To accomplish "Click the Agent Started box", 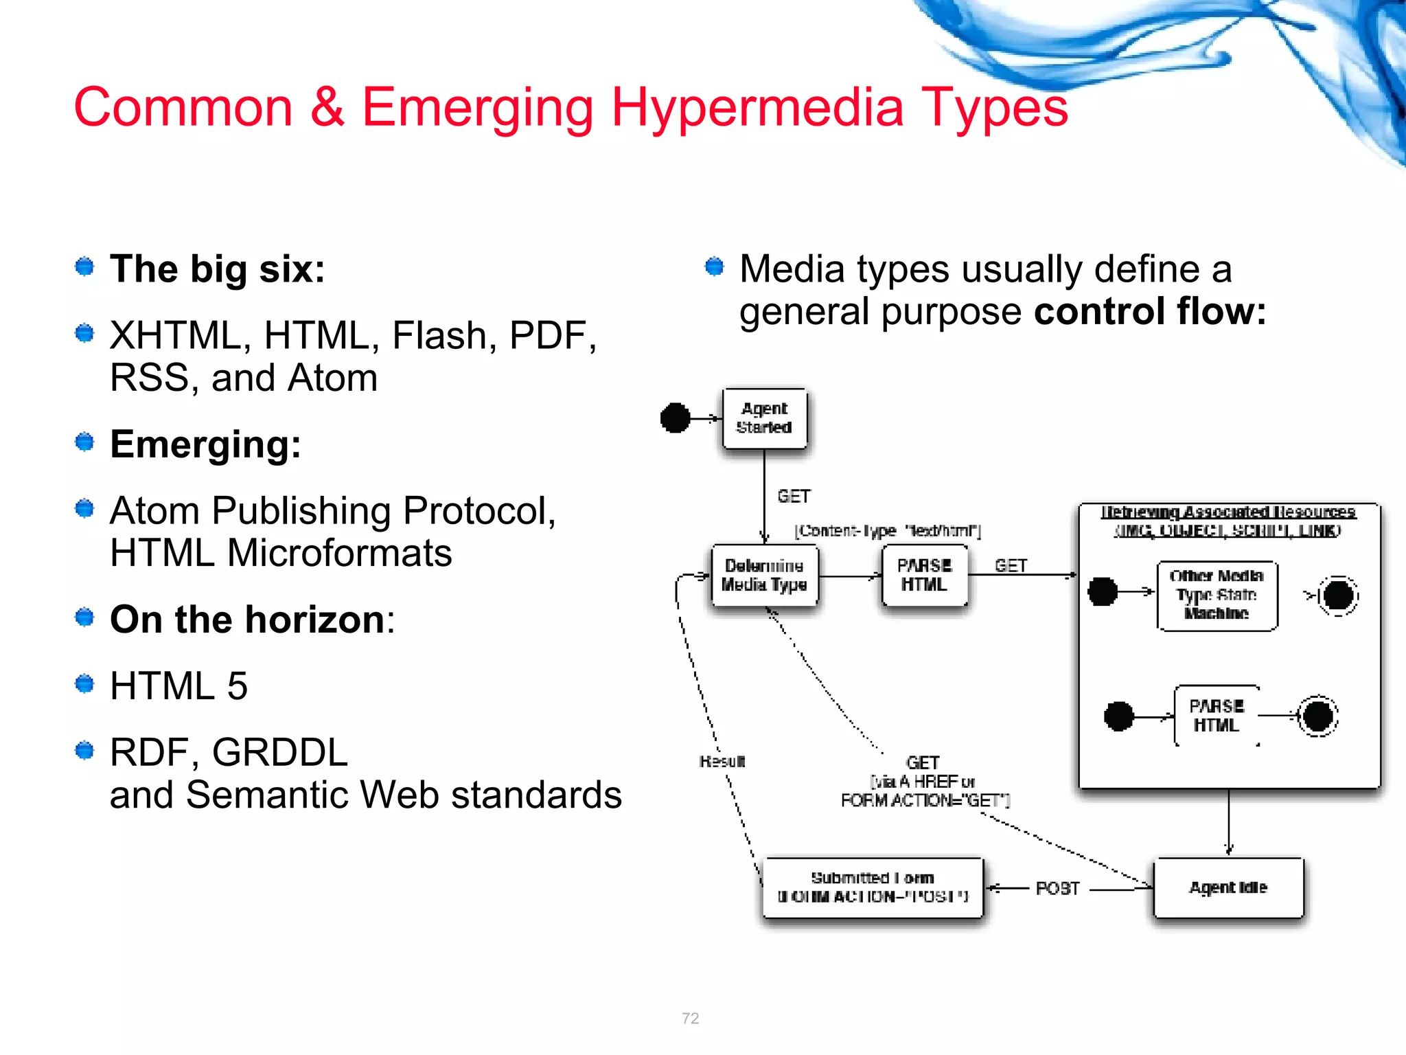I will (764, 418).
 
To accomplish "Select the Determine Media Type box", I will (764, 576).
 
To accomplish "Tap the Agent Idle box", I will (1228, 887).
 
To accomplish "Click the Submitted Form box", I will (873, 887).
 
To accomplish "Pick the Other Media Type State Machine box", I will (1217, 595).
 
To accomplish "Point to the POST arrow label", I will (1057, 889).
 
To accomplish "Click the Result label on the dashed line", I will (722, 761).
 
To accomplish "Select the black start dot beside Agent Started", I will (675, 418).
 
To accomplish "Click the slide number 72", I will (691, 1018).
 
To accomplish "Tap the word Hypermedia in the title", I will (757, 107).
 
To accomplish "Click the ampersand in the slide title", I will (327, 107).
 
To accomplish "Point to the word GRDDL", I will (279, 752).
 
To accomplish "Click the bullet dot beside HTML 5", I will (84, 684).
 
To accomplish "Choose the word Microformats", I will (339, 553).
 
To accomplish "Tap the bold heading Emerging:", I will (205, 444).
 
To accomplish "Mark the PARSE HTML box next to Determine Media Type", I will (924, 576).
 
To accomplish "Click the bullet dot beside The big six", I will (84, 266).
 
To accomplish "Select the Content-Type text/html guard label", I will (888, 530).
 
